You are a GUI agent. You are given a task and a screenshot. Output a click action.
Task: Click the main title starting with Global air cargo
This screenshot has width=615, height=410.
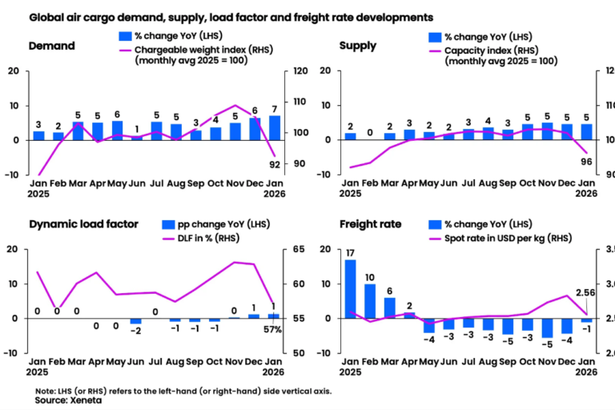coord(231,16)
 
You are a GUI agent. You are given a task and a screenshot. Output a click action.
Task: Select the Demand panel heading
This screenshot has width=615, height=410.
coord(52,46)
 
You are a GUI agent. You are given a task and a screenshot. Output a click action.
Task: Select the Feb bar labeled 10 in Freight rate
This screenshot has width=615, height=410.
coord(370,301)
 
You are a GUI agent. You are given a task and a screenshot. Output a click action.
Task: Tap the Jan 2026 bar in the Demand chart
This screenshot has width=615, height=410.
coord(275,128)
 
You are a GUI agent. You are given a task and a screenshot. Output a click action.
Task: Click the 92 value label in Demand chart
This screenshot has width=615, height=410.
coord(275,165)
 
